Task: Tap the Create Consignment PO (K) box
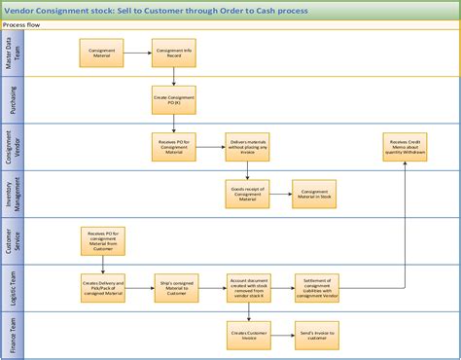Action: pos(173,98)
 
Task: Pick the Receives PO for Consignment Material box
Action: pos(173,147)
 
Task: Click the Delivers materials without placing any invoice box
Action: pos(247,147)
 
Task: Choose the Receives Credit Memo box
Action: pos(405,147)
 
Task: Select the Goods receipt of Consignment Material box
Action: pos(247,194)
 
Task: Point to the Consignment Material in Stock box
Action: pos(314,194)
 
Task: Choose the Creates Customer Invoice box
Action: pos(247,335)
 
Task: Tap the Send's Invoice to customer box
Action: pos(314,335)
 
